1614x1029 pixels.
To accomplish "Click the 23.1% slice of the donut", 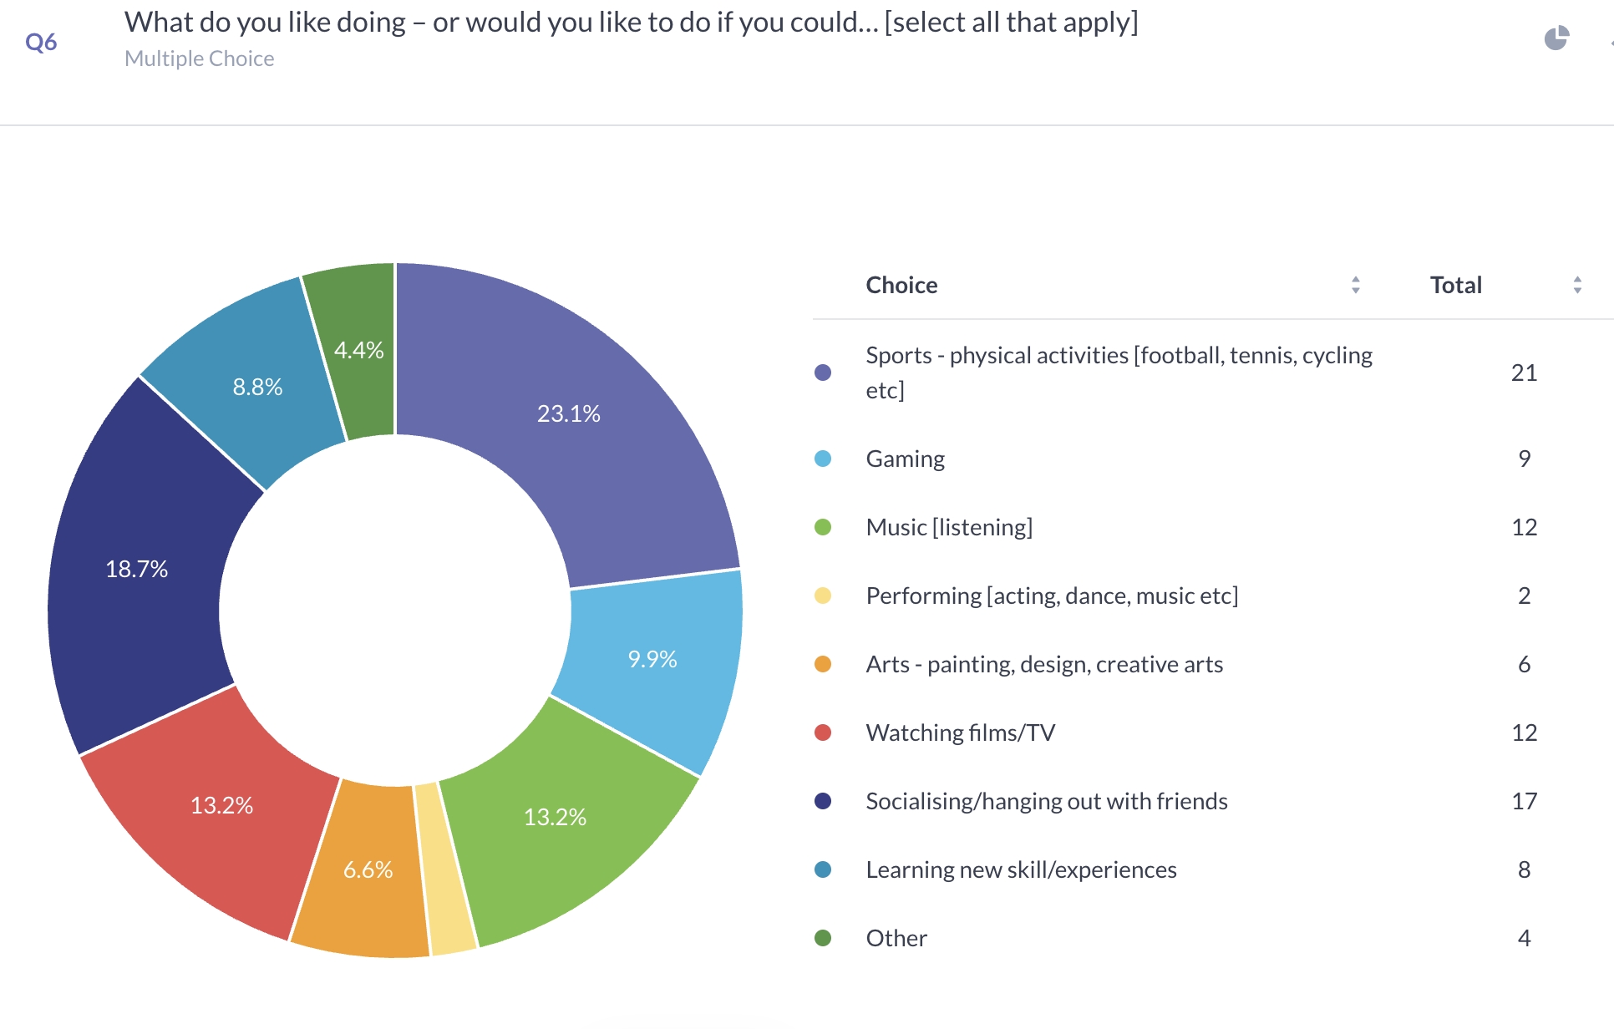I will point(569,434).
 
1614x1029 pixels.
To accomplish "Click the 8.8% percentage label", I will point(257,388).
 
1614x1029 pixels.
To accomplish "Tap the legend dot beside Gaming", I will point(823,459).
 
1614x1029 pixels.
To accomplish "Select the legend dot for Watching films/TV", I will point(823,732).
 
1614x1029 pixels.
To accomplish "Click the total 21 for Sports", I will point(1524,373).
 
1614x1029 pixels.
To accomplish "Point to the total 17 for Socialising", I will point(1524,801).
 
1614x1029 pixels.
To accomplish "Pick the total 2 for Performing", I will point(1524,596).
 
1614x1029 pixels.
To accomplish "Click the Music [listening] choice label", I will point(949,527).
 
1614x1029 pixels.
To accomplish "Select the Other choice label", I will point(896,938).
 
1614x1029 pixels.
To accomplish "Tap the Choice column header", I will point(901,285).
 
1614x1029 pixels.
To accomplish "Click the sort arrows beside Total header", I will point(1577,285).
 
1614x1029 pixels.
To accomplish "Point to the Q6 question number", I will point(41,42).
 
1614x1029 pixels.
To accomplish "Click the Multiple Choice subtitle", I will point(199,58).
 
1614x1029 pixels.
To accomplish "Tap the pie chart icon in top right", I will point(1556,38).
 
